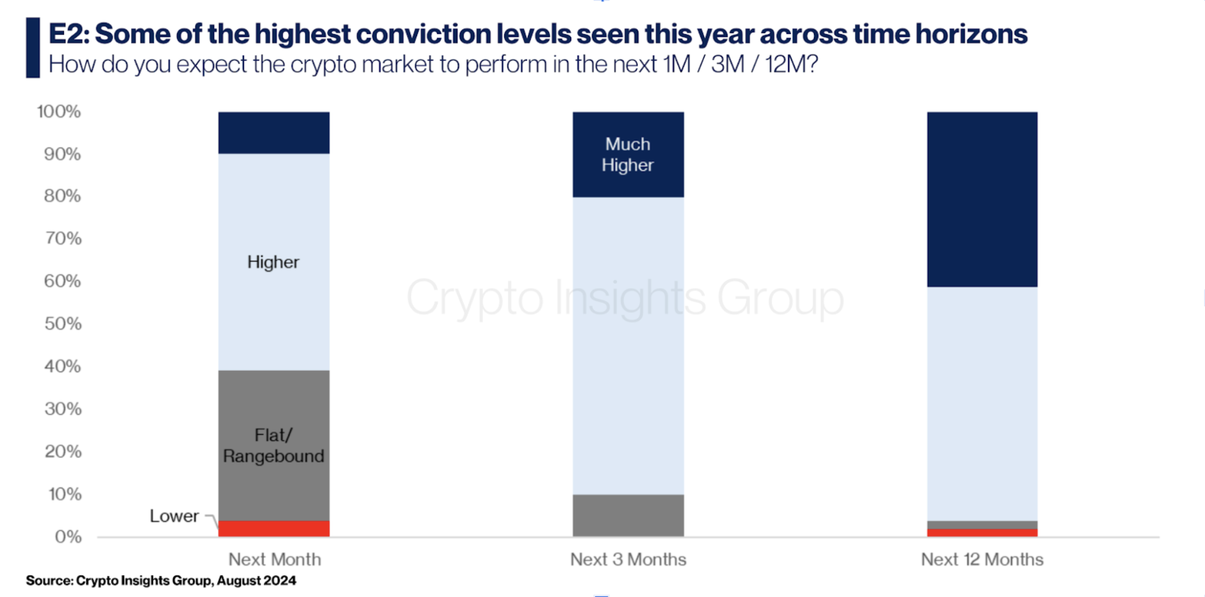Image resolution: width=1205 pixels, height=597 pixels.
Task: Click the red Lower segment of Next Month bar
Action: [274, 529]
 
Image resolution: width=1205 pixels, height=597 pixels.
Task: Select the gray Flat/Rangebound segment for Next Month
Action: [274, 446]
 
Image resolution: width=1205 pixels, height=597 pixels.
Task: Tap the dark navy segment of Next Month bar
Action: [274, 133]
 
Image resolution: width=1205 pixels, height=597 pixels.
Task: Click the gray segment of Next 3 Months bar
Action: [628, 515]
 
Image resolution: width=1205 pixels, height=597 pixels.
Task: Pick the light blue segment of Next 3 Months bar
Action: [628, 345]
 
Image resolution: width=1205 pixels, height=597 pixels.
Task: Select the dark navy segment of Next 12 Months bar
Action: [982, 199]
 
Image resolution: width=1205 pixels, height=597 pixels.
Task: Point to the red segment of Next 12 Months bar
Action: [982, 533]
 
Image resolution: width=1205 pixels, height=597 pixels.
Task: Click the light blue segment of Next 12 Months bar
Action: [982, 404]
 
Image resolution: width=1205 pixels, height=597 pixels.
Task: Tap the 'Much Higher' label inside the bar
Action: [627, 155]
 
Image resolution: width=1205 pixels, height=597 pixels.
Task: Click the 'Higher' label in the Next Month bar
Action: [273, 262]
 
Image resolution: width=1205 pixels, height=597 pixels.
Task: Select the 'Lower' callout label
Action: [174, 516]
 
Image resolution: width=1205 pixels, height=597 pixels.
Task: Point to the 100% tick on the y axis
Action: [59, 112]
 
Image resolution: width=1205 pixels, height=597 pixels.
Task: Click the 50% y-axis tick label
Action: [63, 323]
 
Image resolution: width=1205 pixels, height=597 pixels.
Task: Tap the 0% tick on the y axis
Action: [68, 537]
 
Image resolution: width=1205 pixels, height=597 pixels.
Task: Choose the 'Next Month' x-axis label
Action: [275, 559]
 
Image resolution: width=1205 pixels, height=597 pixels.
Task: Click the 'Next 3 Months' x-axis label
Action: [628, 559]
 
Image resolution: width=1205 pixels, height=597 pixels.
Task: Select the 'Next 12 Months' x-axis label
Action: [982, 559]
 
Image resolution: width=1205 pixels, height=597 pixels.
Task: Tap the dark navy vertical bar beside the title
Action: [33, 48]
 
